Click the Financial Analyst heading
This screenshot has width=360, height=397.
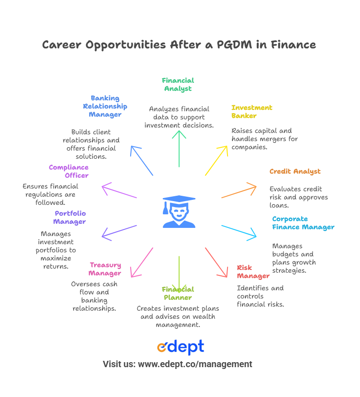(x=178, y=85)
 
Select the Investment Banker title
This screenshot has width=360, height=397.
(x=251, y=112)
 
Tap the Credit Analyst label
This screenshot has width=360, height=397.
(x=295, y=172)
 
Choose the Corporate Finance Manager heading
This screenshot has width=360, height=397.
(x=303, y=223)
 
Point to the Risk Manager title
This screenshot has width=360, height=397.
(x=253, y=272)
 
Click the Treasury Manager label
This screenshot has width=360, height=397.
(x=105, y=269)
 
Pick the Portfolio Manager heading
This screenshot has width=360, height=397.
(x=70, y=217)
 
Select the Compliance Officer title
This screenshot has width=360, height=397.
(x=69, y=171)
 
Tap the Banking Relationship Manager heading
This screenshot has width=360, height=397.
(x=105, y=106)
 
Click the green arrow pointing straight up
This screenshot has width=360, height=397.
(x=179, y=149)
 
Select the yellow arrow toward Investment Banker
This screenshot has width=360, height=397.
(x=217, y=161)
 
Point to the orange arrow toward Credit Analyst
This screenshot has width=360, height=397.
(x=239, y=190)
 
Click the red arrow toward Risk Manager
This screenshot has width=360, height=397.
(x=217, y=262)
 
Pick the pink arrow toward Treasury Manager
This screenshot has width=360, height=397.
(x=142, y=262)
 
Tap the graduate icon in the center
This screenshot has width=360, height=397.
(x=179, y=212)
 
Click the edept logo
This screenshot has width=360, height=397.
(x=180, y=347)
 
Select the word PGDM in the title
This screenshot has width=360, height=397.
(x=234, y=45)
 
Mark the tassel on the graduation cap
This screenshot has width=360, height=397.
(x=166, y=208)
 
